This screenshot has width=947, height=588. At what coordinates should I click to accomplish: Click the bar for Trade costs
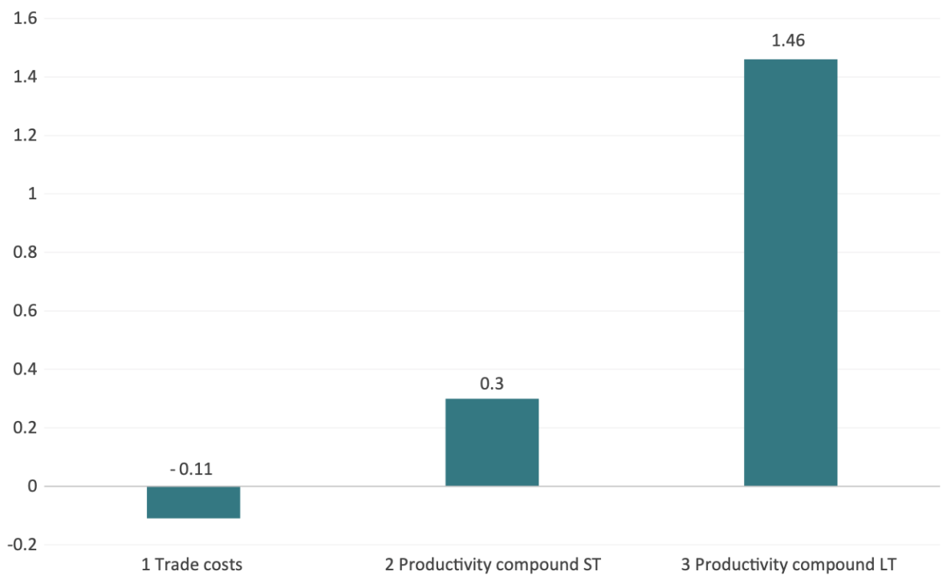pyautogui.click(x=193, y=502)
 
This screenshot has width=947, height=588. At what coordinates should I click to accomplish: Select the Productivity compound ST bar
pyautogui.click(x=491, y=442)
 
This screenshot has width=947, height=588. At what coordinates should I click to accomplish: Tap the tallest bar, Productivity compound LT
pyautogui.click(x=790, y=272)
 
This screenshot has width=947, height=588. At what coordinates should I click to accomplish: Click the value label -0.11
pyautogui.click(x=191, y=469)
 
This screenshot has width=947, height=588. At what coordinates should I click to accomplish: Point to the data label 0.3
pyautogui.click(x=491, y=384)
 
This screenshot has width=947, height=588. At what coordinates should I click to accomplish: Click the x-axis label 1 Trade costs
pyautogui.click(x=192, y=565)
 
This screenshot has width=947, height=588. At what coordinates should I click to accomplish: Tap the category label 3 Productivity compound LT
pyautogui.click(x=789, y=565)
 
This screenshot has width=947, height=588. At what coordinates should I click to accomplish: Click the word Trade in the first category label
pyautogui.click(x=174, y=565)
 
